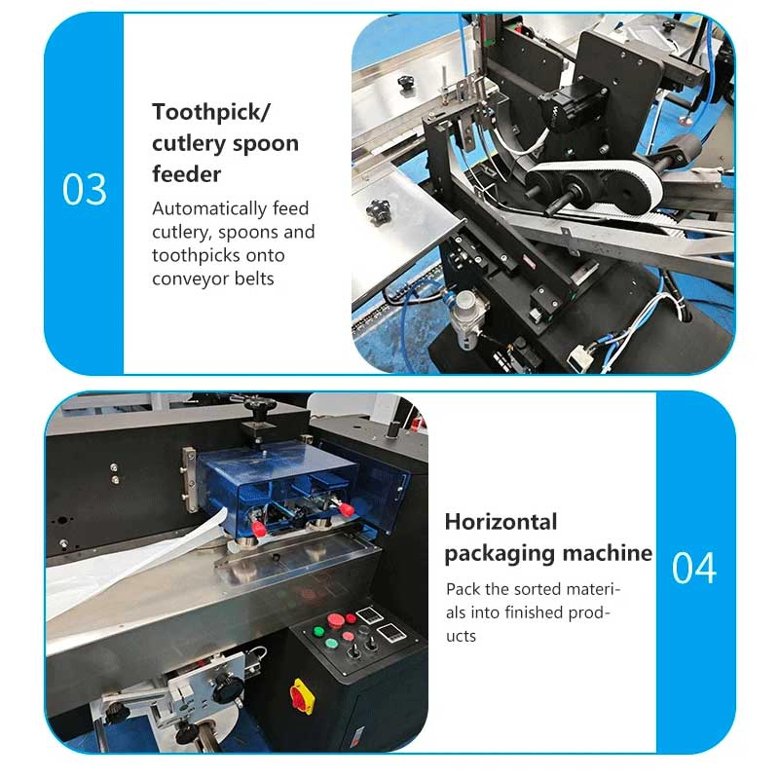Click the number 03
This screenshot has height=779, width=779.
(84, 189)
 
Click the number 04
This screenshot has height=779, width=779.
(694, 568)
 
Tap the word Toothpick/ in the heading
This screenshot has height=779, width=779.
(211, 112)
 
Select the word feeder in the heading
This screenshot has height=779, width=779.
(186, 174)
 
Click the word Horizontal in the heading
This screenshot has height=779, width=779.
(501, 522)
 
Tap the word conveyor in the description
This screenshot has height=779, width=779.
(191, 278)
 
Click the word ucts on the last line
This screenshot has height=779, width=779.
(461, 637)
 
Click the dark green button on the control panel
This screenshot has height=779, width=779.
(319, 631)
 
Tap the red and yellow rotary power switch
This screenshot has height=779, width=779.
(302, 696)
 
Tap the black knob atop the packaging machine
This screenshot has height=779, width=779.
(256, 412)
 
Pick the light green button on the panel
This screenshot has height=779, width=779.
(331, 644)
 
